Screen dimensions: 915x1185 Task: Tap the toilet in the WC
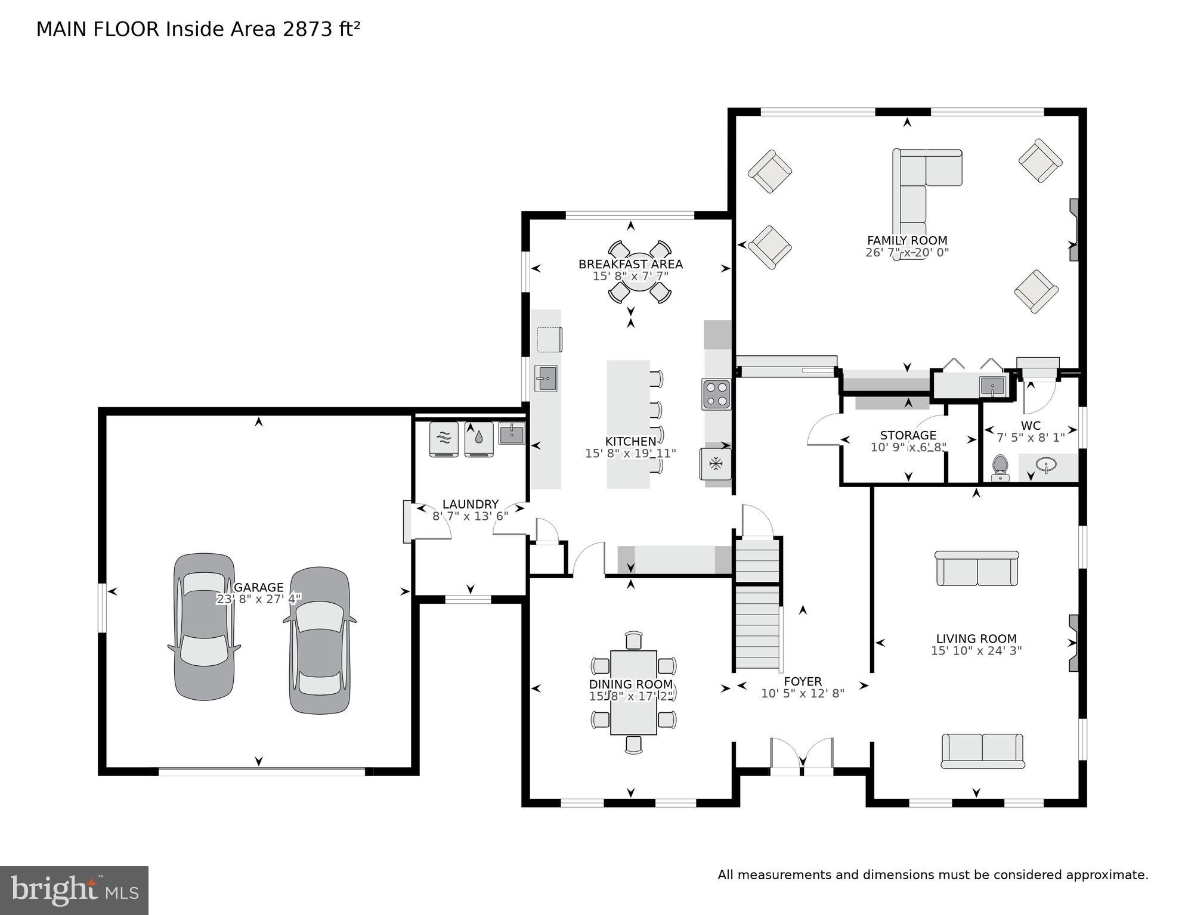point(1000,467)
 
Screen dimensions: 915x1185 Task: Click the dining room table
point(633,692)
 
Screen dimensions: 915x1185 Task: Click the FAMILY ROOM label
point(906,240)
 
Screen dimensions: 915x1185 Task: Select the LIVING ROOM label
point(976,638)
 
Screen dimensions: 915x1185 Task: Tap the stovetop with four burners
point(716,394)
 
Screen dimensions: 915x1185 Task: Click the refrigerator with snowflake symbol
point(716,463)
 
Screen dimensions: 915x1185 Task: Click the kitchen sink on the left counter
point(545,378)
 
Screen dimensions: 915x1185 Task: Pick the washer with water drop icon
point(479,439)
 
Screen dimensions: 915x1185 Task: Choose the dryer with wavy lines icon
point(444,439)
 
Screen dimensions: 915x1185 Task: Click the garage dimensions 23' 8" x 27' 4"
point(258,598)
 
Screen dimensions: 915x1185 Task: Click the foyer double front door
point(802,758)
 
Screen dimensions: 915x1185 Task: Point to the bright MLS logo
point(74,891)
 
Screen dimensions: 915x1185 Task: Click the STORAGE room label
point(908,435)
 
